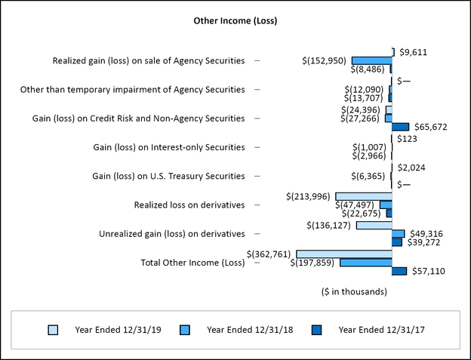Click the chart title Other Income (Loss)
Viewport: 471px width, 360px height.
pyautogui.click(x=235, y=20)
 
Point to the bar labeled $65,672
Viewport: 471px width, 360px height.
pyautogui.click(x=400, y=127)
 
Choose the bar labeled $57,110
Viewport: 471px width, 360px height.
pyautogui.click(x=399, y=271)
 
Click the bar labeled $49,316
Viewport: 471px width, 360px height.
pyautogui.click(x=398, y=234)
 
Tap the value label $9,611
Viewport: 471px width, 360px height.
pyautogui.click(x=413, y=52)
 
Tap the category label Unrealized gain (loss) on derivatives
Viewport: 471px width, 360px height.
pyautogui.click(x=172, y=234)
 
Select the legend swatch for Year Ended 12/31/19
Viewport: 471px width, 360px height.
pyautogui.click(x=53, y=329)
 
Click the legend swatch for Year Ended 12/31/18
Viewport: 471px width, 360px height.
pyautogui.click(x=185, y=329)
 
